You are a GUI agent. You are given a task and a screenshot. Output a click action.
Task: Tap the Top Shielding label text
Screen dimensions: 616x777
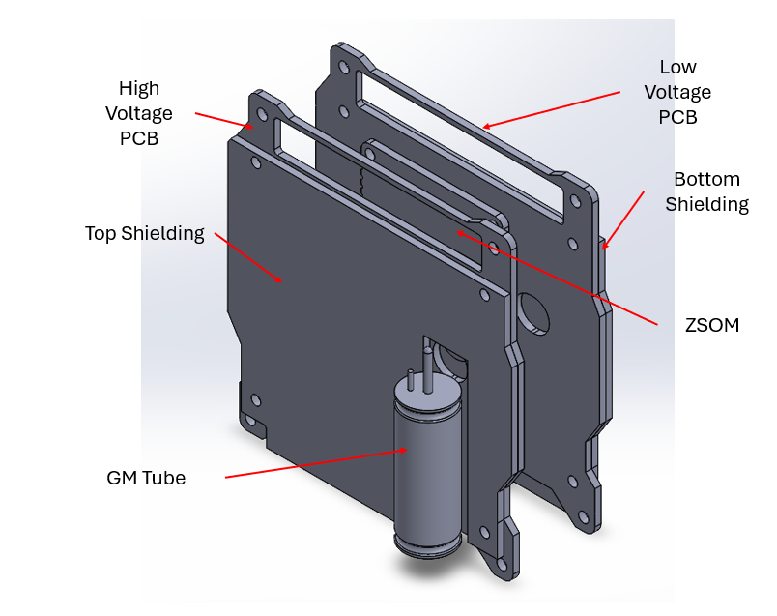145,233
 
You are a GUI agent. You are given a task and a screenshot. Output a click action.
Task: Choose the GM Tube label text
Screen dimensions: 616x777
146,478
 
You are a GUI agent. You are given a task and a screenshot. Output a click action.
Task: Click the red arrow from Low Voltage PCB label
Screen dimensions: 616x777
551,109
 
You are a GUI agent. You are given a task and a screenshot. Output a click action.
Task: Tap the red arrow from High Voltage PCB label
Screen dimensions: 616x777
224,120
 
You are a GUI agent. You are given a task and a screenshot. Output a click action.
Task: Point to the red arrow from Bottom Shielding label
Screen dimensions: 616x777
623,220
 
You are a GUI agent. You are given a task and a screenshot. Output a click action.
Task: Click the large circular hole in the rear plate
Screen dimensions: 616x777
533,311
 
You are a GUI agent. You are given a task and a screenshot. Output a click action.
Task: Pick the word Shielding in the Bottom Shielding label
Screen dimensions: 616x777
711,204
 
